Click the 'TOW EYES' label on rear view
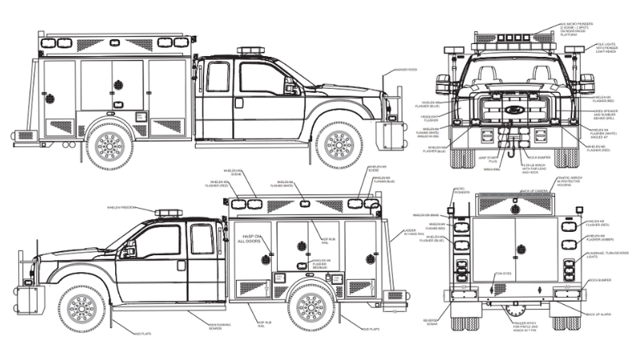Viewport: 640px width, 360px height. (502, 274)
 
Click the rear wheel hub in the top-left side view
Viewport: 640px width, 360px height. (109, 145)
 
